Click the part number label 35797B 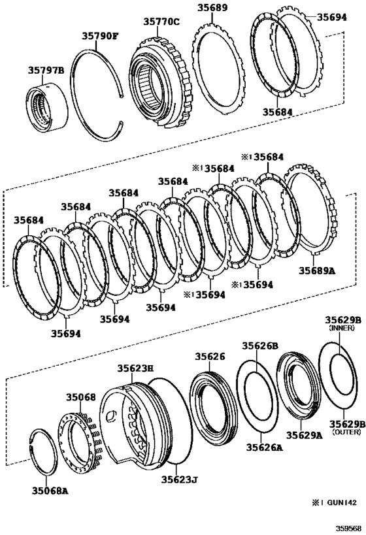[45, 70]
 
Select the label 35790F [100, 37]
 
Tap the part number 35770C [161, 22]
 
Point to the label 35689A [317, 269]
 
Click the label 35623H [135, 368]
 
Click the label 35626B [261, 346]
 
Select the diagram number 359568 [347, 527]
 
